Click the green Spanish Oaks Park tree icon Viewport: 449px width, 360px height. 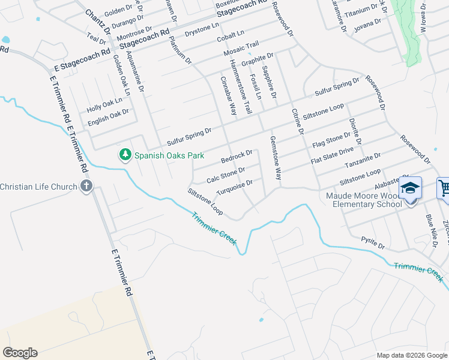click(125, 155)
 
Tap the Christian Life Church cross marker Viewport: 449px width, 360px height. click(86, 186)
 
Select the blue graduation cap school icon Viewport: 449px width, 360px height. click(410, 188)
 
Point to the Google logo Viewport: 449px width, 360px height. click(20, 353)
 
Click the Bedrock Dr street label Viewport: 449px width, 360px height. click(237, 158)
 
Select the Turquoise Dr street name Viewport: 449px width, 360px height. click(238, 187)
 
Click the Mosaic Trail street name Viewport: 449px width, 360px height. click(241, 49)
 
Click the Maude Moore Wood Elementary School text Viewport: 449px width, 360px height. click(364, 200)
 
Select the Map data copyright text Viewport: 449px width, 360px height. click(412, 355)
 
